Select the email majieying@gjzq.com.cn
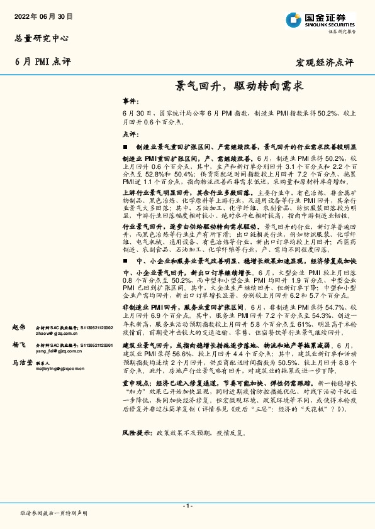coord(61,369)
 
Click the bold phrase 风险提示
coord(137,433)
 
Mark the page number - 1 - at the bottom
coord(187,505)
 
